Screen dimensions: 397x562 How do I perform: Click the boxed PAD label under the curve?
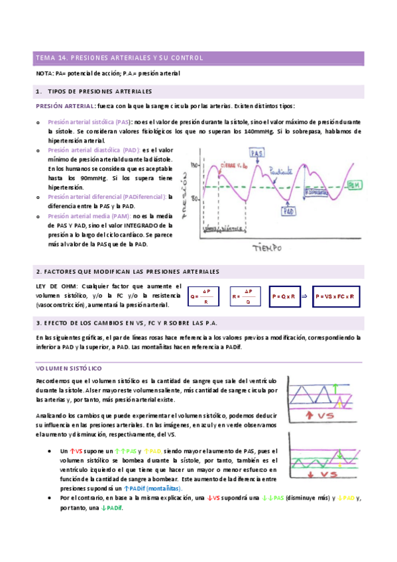288,211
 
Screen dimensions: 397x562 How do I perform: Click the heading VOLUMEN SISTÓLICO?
68,367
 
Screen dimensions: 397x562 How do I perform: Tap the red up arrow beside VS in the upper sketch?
310,416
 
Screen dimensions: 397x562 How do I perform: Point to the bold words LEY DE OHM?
54,285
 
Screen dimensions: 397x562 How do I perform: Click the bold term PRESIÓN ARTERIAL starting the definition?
65,106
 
